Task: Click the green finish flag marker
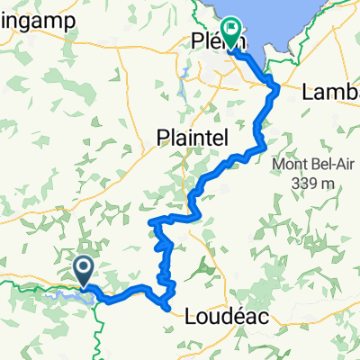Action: point(231,33)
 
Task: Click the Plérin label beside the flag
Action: point(210,40)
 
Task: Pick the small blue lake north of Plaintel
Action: point(182,90)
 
